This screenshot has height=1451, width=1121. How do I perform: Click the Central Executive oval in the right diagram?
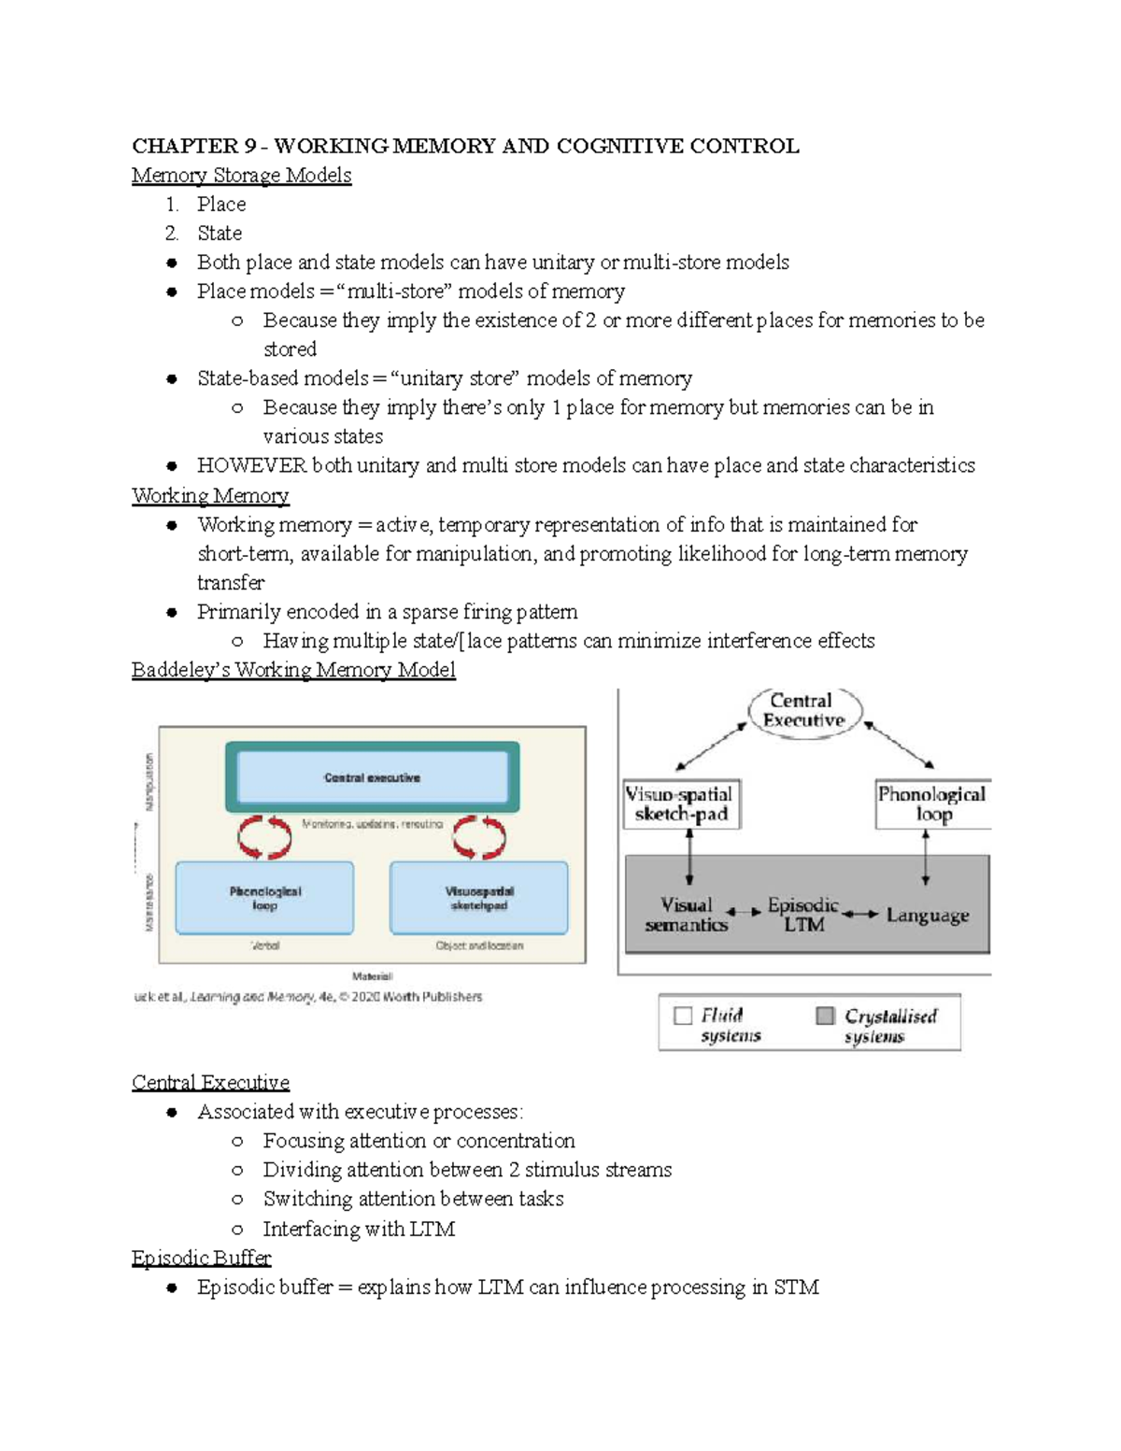[x=804, y=712]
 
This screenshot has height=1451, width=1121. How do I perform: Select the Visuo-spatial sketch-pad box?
[x=681, y=804]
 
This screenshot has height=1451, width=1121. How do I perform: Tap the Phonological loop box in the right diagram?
[x=931, y=804]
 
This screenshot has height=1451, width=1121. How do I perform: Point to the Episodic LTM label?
[x=803, y=915]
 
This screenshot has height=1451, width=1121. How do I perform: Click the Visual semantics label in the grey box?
[x=687, y=915]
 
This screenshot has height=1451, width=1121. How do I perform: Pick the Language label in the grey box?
[x=927, y=915]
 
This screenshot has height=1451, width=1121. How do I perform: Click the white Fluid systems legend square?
[x=683, y=1016]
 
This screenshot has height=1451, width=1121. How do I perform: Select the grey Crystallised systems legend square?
[x=825, y=1016]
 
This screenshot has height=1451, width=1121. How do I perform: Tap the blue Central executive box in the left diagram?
[x=372, y=777]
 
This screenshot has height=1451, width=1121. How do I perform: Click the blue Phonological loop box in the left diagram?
[x=265, y=898]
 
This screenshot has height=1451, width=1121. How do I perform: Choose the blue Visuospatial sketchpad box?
[x=478, y=898]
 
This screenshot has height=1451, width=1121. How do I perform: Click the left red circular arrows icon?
[x=264, y=836]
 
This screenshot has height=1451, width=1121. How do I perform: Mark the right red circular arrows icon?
[x=479, y=836]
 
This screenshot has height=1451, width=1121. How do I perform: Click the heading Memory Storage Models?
[x=241, y=175]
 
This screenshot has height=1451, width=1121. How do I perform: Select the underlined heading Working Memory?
[x=210, y=495]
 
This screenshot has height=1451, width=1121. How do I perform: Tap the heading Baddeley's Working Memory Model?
[x=293, y=670]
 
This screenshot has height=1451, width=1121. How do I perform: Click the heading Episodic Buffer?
[x=201, y=1258]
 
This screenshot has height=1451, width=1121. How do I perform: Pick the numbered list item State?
[x=220, y=233]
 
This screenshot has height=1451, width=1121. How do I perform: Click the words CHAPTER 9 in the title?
[x=194, y=146]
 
